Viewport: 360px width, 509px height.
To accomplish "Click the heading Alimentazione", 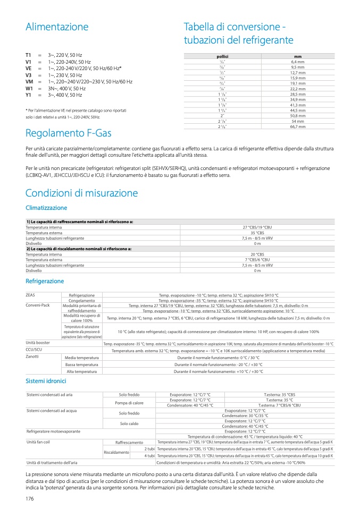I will [x=57, y=27].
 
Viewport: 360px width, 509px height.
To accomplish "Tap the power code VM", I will [x=29, y=82].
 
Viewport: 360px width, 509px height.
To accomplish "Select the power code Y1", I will [x=29, y=95].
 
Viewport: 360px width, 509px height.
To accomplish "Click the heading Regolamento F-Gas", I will [x=69, y=132].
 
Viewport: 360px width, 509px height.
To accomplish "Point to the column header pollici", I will [x=222, y=56].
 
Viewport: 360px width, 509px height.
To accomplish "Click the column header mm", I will [x=297, y=56].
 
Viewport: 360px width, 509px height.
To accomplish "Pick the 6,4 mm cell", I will [x=297, y=62].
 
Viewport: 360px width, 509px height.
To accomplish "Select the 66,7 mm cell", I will [x=297, y=127].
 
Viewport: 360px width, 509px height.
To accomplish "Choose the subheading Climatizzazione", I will [x=46, y=208].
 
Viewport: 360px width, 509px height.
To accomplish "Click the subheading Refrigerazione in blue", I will [x=45, y=281].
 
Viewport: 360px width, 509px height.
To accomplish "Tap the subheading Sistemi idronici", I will [x=46, y=381].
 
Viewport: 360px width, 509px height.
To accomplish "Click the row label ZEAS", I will [x=31, y=295].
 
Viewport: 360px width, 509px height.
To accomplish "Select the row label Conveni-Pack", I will [x=38, y=306].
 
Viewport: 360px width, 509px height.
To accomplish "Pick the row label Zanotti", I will [x=32, y=357].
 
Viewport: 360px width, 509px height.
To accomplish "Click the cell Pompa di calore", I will [x=122, y=403].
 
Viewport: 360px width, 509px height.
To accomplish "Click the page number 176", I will [x=30, y=498].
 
